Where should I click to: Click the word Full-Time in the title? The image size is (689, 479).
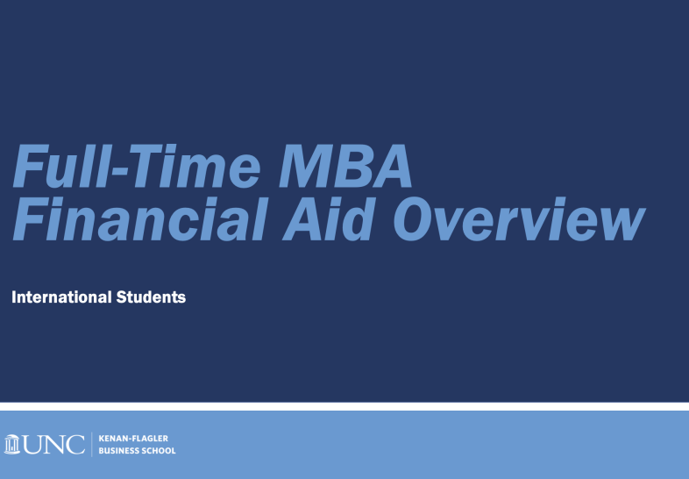137,166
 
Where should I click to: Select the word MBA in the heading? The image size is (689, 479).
346,167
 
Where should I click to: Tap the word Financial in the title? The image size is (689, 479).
140,218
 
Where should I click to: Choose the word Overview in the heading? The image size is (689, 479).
520,218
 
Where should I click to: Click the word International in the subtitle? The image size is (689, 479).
61,297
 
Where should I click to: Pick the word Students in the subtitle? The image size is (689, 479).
151,297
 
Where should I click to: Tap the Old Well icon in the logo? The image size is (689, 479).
12,444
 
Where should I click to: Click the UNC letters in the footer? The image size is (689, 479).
54,444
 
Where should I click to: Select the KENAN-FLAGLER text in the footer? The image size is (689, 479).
133,438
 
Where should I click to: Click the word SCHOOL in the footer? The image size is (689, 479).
157,451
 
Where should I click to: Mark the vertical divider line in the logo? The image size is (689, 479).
92,444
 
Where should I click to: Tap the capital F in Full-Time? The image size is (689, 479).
31,166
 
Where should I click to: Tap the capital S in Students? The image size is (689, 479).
122,297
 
